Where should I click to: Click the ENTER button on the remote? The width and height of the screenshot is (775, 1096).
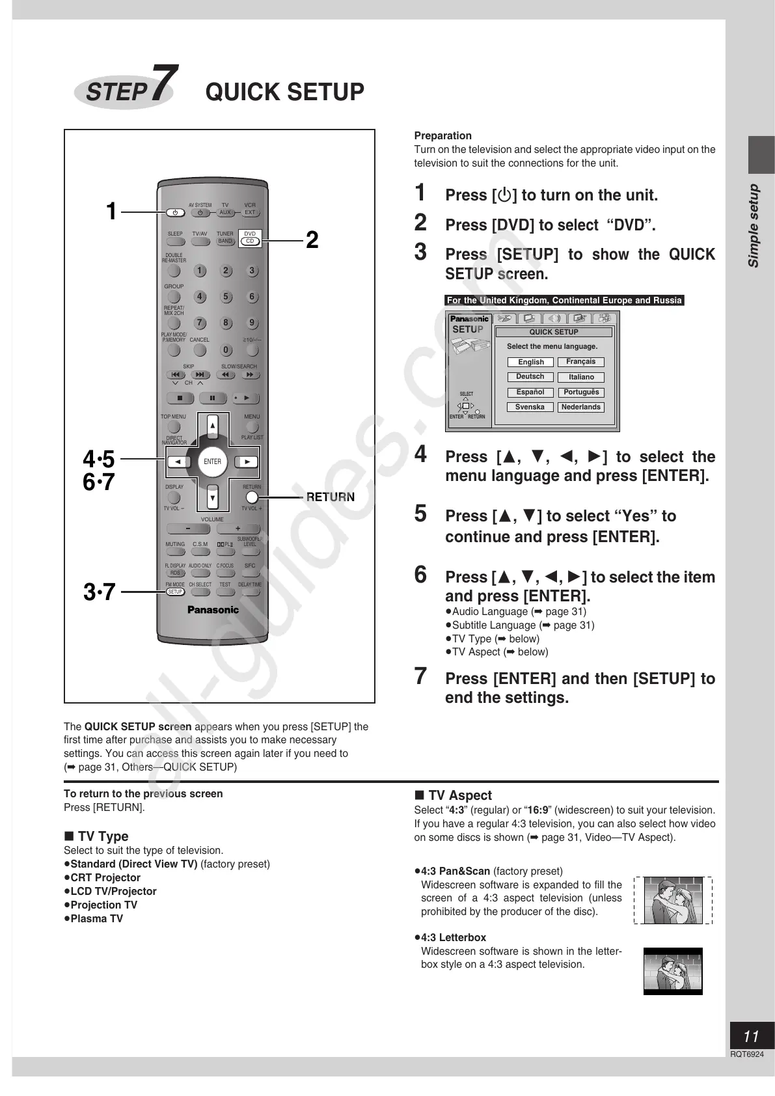point(212,461)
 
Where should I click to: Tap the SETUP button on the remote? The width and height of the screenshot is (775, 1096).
point(175,592)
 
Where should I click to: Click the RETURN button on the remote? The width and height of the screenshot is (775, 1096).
point(252,497)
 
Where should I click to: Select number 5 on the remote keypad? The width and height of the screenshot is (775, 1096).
point(226,297)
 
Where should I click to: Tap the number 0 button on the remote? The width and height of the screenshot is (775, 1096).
point(226,350)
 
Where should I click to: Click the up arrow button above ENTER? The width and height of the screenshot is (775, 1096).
point(212,427)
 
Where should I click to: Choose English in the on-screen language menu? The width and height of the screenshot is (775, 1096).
point(530,362)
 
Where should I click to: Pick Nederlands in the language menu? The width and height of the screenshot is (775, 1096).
point(581,407)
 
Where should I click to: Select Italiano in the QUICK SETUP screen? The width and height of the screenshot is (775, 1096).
point(581,377)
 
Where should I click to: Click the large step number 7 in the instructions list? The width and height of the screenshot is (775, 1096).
point(421,676)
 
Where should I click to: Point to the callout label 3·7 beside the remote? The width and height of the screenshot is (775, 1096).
point(99,592)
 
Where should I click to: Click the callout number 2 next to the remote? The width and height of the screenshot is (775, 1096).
point(312,240)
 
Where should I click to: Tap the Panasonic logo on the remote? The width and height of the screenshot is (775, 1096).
point(213,610)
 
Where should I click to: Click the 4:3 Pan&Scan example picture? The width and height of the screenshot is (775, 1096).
point(673,900)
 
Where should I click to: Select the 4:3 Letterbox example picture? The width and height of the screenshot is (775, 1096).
point(673,970)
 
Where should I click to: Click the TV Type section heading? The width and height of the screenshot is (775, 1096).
point(103,836)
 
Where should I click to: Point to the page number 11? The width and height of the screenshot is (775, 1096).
point(751,1036)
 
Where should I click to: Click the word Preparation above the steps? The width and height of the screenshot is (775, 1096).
point(442,135)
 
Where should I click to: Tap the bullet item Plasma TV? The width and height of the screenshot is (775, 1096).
point(96,918)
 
